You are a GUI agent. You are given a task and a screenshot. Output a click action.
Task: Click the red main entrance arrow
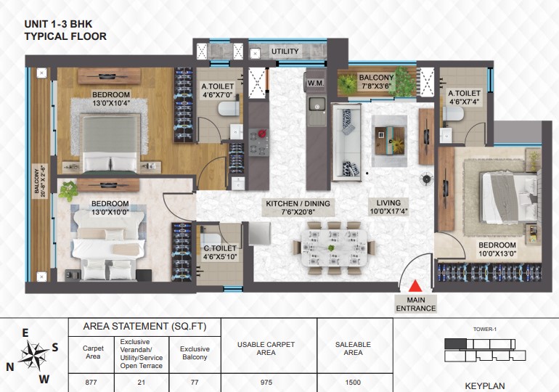click(415, 287)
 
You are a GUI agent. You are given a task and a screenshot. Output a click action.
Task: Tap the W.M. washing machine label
click(316, 83)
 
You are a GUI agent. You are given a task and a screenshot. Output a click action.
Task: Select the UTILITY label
click(285, 52)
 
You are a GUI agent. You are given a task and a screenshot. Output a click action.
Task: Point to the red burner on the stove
click(262, 134)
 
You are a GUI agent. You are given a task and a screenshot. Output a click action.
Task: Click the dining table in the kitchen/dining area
click(334, 248)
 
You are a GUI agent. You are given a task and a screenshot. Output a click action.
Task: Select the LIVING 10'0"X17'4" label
click(388, 208)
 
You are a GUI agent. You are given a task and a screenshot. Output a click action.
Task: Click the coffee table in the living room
click(389, 140)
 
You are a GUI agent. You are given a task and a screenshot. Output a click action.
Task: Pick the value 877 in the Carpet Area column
click(91, 383)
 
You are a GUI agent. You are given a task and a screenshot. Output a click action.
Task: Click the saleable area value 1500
click(353, 383)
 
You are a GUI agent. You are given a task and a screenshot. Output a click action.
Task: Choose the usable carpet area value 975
click(266, 383)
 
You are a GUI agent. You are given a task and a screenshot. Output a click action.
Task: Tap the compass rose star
click(33, 354)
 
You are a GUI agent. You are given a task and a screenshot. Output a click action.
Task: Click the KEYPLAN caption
click(485, 386)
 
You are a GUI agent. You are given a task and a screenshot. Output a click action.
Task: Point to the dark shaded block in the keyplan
click(455, 343)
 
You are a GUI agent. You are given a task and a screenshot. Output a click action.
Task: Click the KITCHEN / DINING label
click(298, 203)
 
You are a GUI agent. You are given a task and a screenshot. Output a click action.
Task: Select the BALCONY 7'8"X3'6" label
click(376, 81)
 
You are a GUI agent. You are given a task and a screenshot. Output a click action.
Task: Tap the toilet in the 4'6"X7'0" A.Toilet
click(229, 109)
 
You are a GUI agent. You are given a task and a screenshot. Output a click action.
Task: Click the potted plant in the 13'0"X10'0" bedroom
click(68, 191)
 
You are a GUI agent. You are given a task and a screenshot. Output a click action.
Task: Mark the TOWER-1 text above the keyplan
click(485, 330)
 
